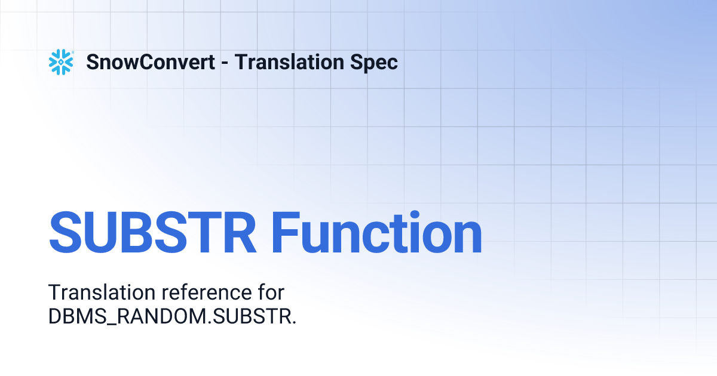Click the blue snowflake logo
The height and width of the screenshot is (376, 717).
point(61,62)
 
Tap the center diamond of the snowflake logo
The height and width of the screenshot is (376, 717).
point(61,62)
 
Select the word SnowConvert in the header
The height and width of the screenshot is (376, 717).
point(151,62)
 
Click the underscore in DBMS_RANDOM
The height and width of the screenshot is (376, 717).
point(109,325)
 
